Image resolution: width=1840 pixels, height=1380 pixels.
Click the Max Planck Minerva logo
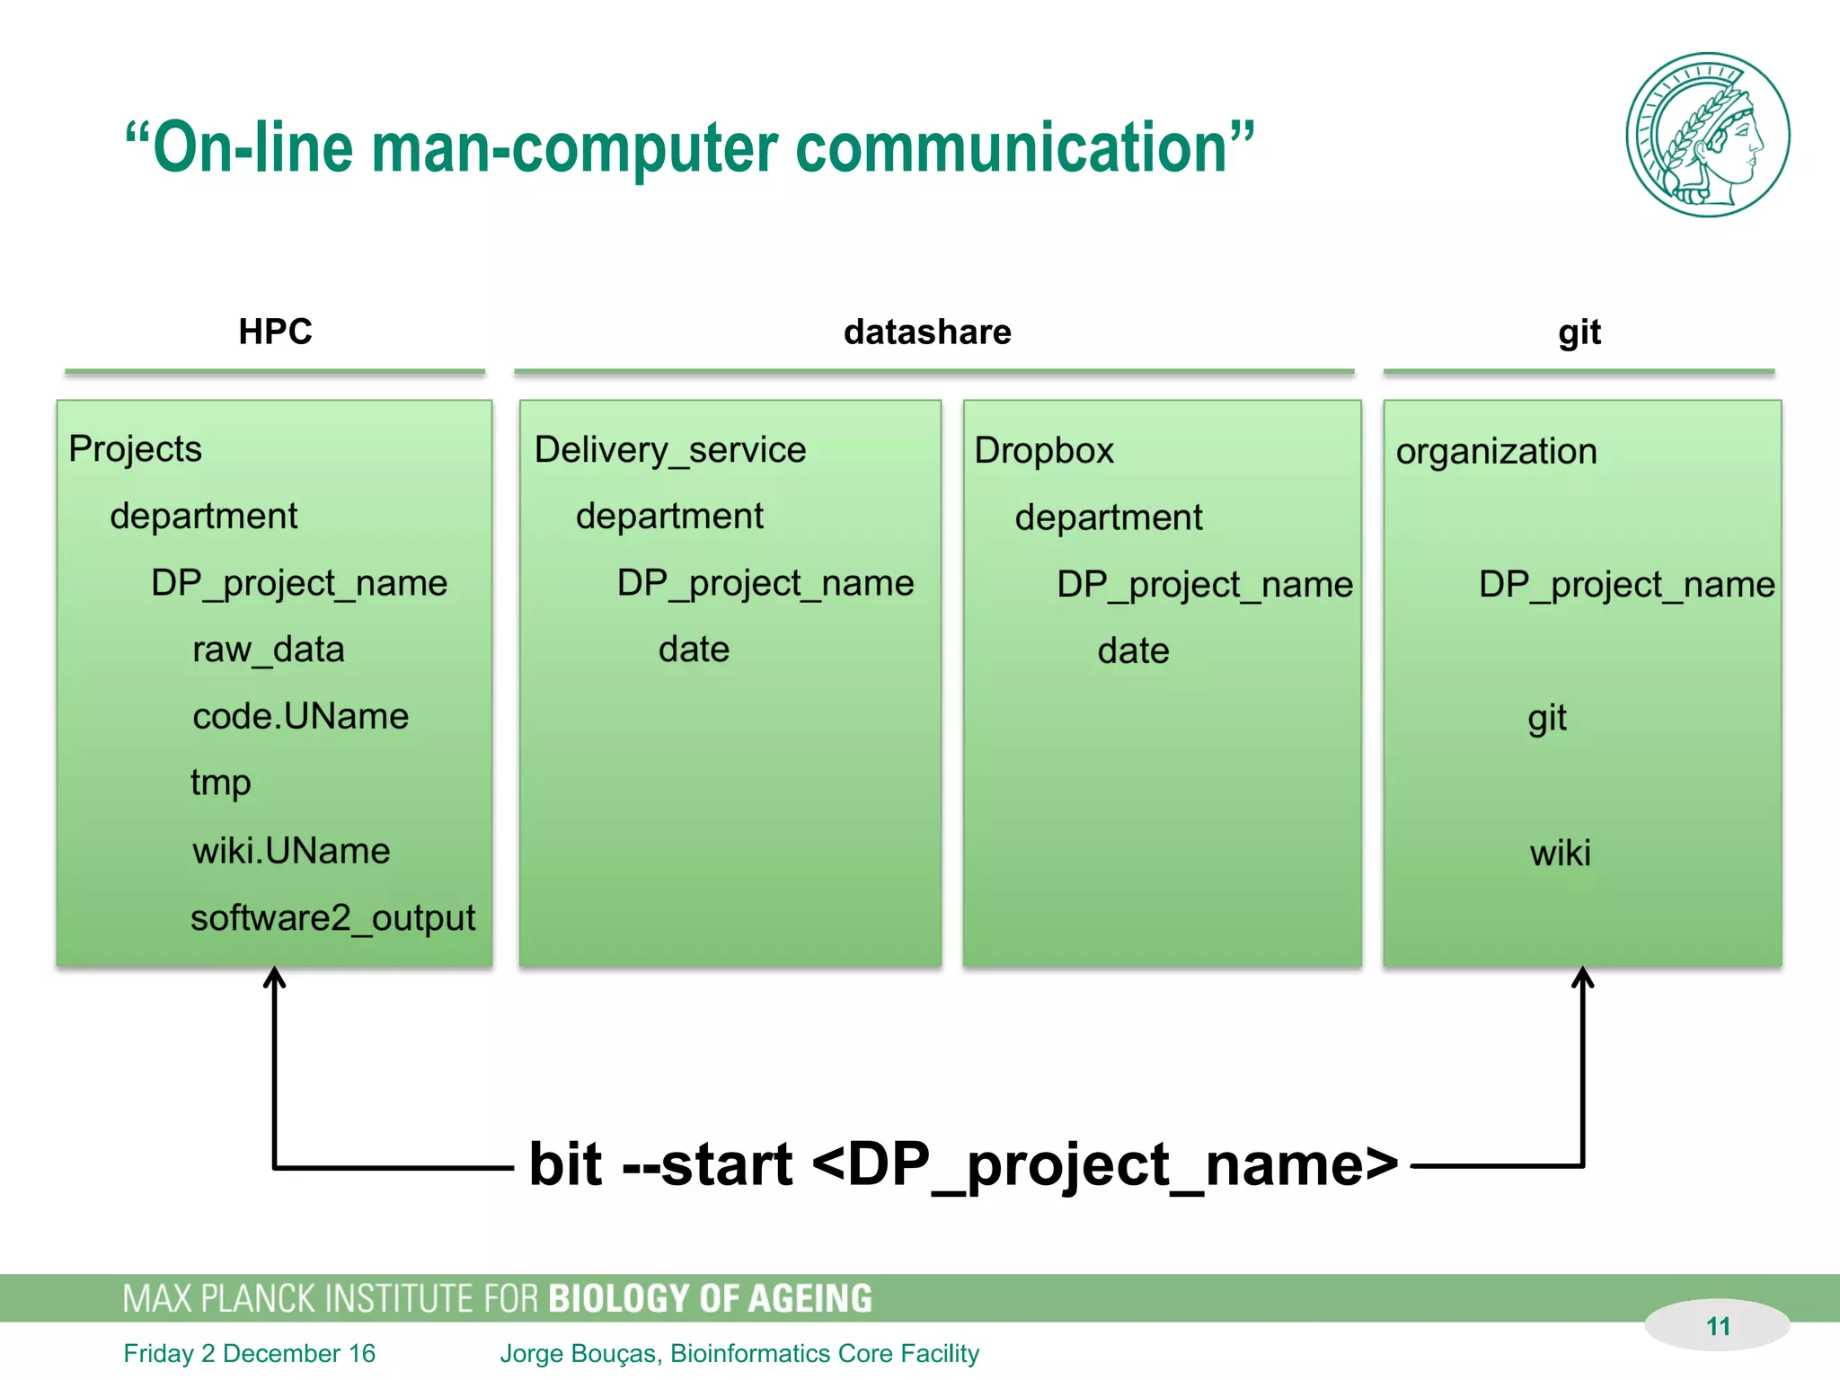[x=1707, y=135]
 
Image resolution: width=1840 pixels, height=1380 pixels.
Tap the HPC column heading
[x=275, y=332]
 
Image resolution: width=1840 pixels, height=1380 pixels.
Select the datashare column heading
[x=927, y=332]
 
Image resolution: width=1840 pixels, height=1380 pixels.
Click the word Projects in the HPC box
[x=136, y=449]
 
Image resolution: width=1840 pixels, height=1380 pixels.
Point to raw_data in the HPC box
[x=269, y=650]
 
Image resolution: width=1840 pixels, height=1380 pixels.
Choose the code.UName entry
[x=300, y=716]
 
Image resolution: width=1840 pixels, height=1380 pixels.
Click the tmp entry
[x=221, y=783]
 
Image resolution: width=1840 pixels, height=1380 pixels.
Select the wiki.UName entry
[x=291, y=851]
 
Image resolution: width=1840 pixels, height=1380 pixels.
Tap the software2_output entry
[x=332, y=918]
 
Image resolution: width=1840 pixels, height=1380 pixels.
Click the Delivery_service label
[x=670, y=450]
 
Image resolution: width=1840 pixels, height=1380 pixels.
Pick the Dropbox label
[x=1044, y=451]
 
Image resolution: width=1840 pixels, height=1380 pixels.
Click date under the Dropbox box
[x=1134, y=651]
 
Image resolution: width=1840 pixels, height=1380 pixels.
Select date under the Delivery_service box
[x=694, y=650]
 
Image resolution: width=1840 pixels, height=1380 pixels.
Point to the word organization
[x=1497, y=452]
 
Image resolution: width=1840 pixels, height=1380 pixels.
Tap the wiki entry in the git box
[x=1561, y=853]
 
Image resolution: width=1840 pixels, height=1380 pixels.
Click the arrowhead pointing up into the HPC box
[x=274, y=977]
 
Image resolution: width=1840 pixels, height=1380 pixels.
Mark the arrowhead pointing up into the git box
[x=1583, y=977]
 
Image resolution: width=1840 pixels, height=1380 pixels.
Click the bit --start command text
[x=963, y=1165]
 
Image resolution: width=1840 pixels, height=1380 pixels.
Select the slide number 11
[x=1718, y=1326]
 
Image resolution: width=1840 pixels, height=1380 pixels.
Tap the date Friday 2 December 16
[x=250, y=1354]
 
